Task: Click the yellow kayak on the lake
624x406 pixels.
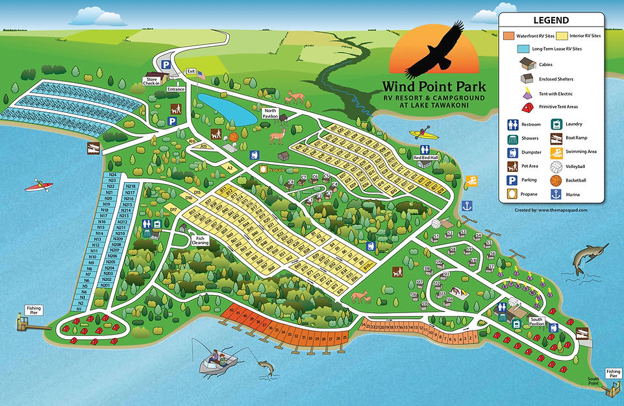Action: click(420, 135)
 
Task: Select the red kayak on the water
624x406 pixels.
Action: click(38, 187)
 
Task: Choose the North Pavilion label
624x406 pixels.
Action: click(270, 113)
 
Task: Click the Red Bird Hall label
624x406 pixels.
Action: click(427, 158)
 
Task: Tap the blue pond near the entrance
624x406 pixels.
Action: click(226, 108)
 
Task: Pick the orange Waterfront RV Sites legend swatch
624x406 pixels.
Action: click(510, 36)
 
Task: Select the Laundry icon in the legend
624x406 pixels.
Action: click(556, 124)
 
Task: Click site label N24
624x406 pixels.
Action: click(113, 175)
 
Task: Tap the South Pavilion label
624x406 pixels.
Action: click(536, 319)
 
